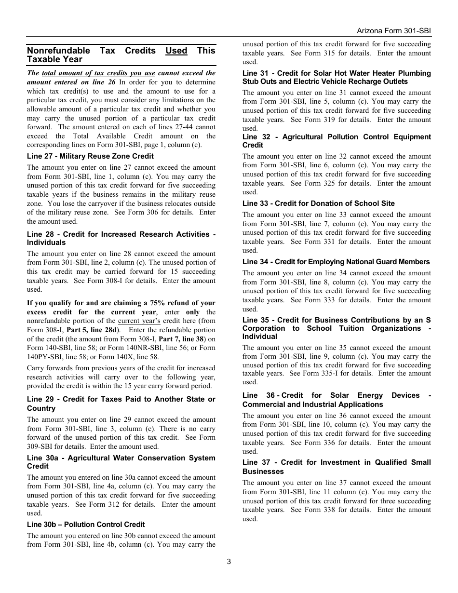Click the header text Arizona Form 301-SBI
click(x=393, y=30)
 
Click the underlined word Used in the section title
click(x=176, y=51)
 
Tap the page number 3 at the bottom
click(x=229, y=561)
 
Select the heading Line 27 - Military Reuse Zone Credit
click(x=90, y=156)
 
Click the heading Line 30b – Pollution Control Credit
click(x=86, y=525)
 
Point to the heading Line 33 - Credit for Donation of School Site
click(x=318, y=203)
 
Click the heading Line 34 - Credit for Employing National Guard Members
click(x=336, y=262)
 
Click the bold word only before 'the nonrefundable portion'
click(x=192, y=312)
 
